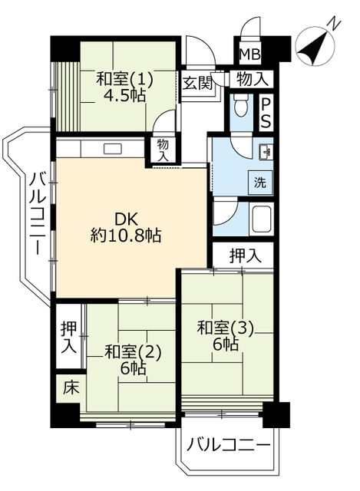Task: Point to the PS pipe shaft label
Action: coord(266,113)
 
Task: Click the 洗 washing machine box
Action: coord(260,183)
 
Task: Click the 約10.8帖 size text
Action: coord(125,236)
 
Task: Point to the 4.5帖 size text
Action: coord(125,97)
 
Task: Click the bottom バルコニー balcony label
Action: coord(228,446)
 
